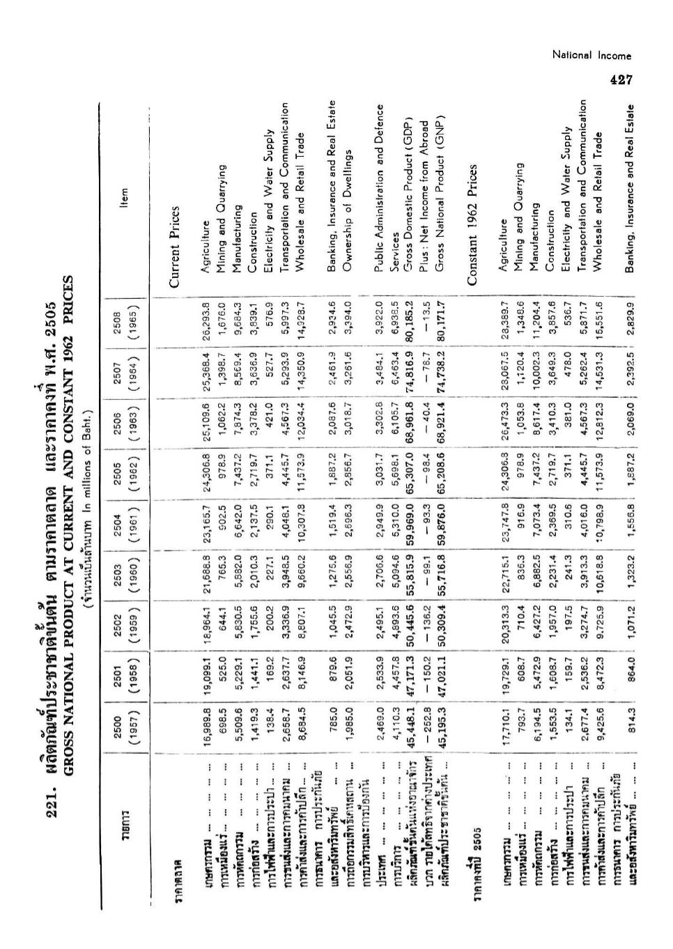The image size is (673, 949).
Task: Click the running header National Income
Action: click(591, 56)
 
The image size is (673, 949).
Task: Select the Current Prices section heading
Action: click(176, 246)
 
